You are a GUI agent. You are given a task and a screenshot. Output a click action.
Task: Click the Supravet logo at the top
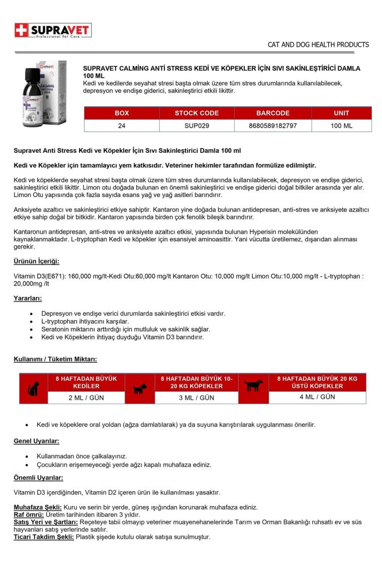(53, 31)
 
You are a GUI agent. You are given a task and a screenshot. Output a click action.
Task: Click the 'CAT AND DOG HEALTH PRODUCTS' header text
(318, 45)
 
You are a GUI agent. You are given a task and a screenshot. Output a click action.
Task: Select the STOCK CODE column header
(197, 113)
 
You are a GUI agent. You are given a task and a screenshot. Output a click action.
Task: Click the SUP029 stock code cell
(197, 126)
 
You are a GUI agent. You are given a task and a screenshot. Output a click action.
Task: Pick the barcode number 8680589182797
(272, 126)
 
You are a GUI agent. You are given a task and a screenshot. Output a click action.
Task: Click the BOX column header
(122, 113)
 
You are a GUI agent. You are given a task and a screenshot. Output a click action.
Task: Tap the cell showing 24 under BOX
(122, 126)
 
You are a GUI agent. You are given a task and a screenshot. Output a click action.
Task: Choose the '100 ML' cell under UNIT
(341, 126)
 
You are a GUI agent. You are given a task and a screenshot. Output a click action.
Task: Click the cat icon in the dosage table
(34, 389)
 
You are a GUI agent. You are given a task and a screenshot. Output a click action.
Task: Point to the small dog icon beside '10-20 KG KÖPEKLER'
(139, 389)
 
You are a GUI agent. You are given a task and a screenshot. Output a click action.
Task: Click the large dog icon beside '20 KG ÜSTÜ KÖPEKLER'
(253, 386)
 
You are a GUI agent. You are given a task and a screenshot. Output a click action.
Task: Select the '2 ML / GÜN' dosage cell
(86, 398)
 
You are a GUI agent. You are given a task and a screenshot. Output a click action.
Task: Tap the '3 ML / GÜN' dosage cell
(197, 398)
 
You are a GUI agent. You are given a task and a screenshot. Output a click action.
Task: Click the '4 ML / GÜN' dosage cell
(317, 397)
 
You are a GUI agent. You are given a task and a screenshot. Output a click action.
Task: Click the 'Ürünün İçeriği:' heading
(36, 261)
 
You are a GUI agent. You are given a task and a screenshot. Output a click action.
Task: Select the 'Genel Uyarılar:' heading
(36, 441)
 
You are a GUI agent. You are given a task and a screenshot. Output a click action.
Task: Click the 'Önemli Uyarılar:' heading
(38, 477)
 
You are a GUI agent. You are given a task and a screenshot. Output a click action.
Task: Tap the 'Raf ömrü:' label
(29, 515)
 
